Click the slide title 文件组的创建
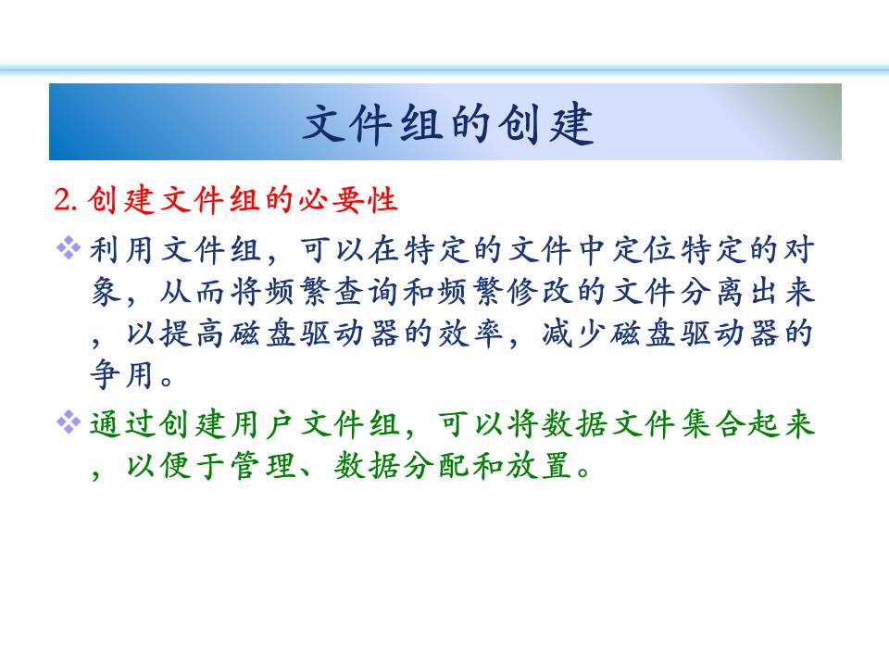[x=447, y=123]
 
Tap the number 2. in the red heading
[x=66, y=200]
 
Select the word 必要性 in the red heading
[x=347, y=199]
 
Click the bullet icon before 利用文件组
[x=69, y=248]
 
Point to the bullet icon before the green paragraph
[x=69, y=422]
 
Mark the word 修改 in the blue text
[x=539, y=292]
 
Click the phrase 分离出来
[x=747, y=292]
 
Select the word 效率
[x=470, y=333]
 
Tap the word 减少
[x=574, y=333]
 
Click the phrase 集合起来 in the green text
[x=747, y=424]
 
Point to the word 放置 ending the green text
[x=539, y=466]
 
